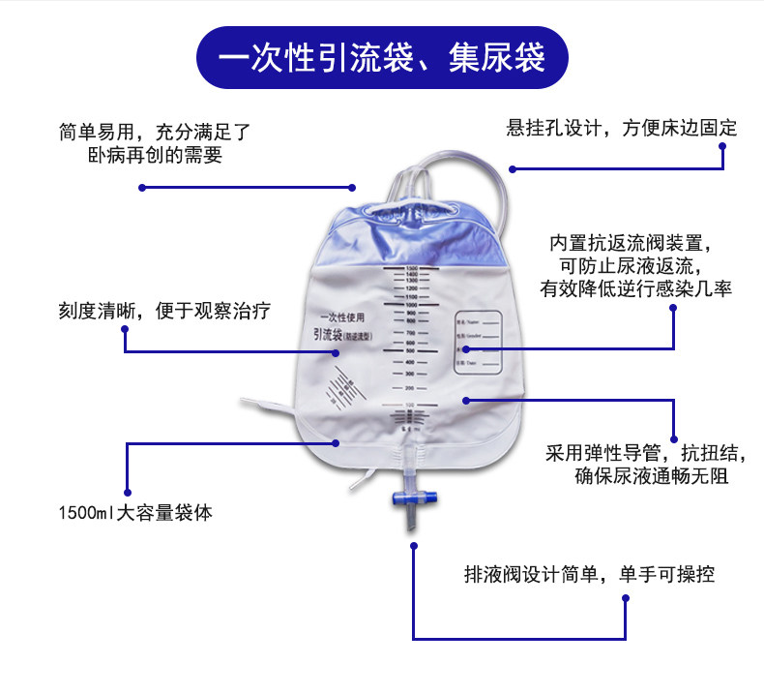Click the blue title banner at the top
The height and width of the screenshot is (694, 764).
[382, 57]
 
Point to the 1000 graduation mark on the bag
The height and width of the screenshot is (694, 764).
[411, 304]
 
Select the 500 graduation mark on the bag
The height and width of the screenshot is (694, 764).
[411, 351]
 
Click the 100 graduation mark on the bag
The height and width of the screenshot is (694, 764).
[411, 404]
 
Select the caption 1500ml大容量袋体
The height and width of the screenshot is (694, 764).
[134, 513]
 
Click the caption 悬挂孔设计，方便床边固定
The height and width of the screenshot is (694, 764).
[621, 127]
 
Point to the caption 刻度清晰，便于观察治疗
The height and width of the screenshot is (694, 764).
[163, 311]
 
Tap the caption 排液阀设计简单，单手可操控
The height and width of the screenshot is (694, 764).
[589, 574]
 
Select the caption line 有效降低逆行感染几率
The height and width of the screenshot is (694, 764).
[635, 287]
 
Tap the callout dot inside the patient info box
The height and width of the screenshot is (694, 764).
[464, 348]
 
